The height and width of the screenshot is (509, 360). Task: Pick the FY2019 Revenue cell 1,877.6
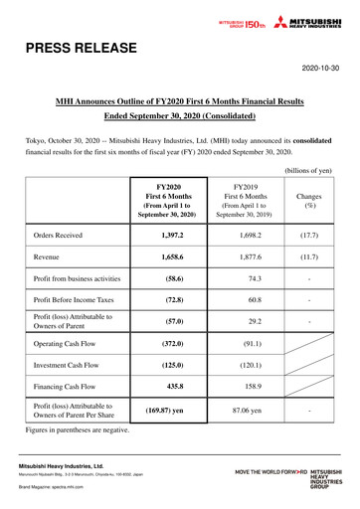pyautogui.click(x=244, y=256)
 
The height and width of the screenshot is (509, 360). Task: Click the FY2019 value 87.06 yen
pyautogui.click(x=244, y=412)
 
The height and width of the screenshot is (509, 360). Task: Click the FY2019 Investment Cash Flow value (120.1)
pyautogui.click(x=244, y=365)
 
